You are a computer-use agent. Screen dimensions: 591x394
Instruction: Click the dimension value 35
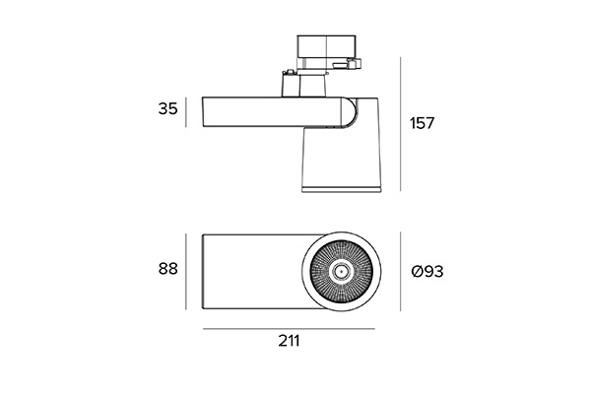(167, 109)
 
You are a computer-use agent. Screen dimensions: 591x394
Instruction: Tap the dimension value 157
(423, 123)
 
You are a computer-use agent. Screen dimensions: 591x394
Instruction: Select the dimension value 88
(167, 269)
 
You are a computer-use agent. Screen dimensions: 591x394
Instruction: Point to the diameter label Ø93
(427, 272)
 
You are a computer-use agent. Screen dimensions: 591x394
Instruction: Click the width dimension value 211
(289, 341)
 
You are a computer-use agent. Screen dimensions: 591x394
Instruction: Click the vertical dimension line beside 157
(400, 124)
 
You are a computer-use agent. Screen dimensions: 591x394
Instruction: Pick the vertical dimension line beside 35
(186, 112)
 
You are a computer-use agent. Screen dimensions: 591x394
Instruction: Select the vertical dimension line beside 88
(186, 272)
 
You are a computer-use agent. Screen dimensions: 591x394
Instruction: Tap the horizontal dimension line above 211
(289, 329)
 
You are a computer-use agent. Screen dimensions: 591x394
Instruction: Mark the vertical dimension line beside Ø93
(400, 272)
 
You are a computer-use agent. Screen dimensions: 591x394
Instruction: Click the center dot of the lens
(342, 271)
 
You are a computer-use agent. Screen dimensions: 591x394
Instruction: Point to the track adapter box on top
(326, 51)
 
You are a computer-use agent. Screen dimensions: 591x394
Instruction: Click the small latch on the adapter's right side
(355, 63)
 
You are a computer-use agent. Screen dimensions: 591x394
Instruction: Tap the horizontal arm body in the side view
(273, 112)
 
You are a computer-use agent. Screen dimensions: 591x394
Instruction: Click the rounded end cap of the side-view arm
(350, 112)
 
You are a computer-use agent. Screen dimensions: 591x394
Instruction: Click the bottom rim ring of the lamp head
(342, 189)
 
